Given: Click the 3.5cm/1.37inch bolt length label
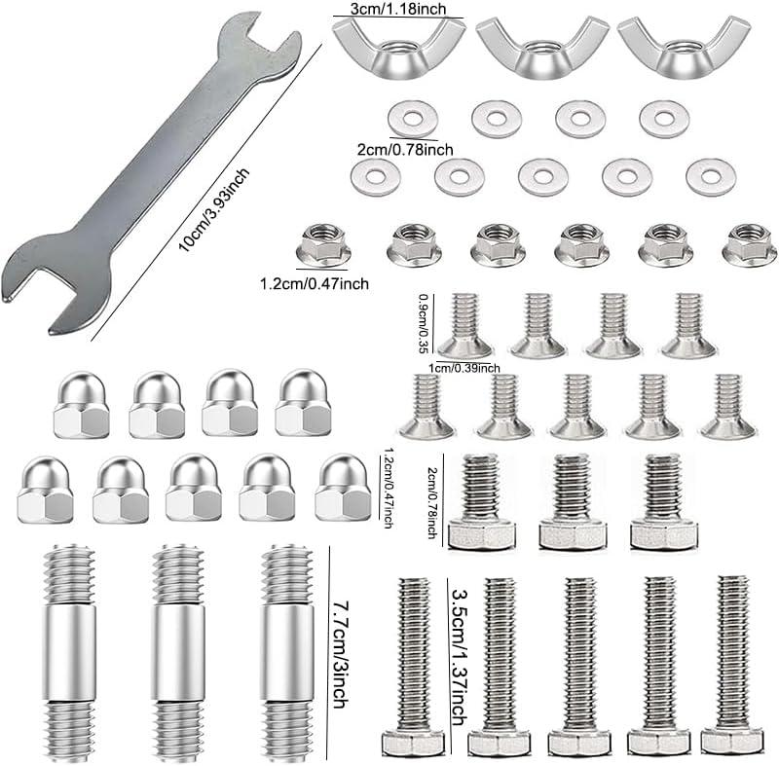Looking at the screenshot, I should pos(457,647).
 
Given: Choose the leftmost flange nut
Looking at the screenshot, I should pos(322,243).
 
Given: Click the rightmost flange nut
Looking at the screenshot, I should pos(749,243).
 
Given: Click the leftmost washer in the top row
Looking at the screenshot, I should pos(412,120).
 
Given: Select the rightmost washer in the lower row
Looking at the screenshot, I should pos(710,177).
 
